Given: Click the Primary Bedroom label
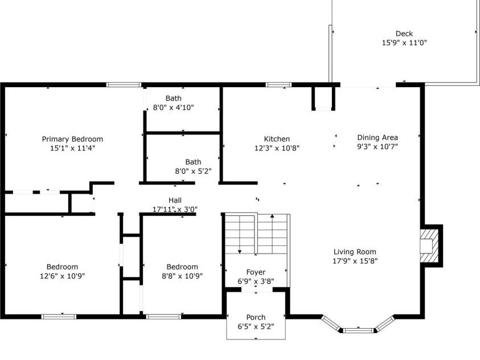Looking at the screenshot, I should (72, 139).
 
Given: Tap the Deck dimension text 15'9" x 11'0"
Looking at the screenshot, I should (404, 43).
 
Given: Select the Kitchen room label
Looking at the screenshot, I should (277, 139).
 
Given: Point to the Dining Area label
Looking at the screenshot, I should (377, 137).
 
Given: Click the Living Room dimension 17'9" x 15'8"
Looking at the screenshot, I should (355, 261).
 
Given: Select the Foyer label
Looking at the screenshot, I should (256, 272).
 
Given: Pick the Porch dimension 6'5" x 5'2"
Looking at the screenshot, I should (256, 326).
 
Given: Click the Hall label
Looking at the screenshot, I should (175, 200).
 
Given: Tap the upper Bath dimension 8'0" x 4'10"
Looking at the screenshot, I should (173, 107).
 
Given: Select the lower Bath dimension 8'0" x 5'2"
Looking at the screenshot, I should (193, 171).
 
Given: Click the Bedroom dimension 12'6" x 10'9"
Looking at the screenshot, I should (62, 276).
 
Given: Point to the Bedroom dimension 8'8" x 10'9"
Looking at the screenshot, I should (182, 276).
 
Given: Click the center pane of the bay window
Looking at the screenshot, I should (359, 329).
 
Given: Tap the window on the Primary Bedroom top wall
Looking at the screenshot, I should (124, 85).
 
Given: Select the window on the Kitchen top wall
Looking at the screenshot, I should (278, 85).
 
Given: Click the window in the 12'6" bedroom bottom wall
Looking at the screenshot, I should (59, 316).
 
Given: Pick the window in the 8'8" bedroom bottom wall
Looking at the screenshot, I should (164, 316).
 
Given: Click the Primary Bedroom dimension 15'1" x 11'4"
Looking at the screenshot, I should (72, 148).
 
